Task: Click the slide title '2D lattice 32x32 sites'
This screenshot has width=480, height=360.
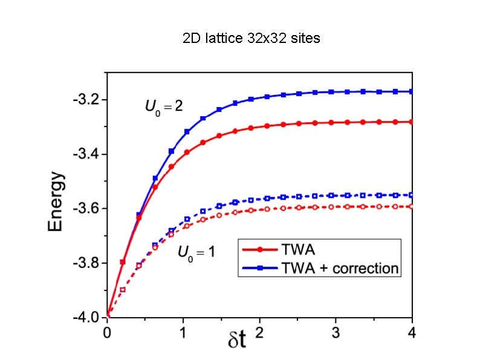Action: click(251, 39)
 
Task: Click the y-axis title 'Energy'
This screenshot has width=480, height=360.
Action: click(56, 201)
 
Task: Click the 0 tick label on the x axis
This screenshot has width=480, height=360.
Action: click(107, 332)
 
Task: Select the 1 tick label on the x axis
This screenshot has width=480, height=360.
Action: click(183, 332)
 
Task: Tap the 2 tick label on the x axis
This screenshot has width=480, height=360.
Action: click(259, 332)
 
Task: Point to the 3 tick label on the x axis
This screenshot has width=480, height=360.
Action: click(336, 332)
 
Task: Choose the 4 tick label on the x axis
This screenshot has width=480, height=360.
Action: click(412, 332)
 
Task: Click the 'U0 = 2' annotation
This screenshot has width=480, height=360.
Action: click(164, 107)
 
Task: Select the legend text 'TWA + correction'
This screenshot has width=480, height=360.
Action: click(340, 268)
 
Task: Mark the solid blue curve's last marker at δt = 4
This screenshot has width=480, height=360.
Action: click(411, 91)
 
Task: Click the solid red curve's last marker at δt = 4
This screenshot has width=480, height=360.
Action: click(411, 122)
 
